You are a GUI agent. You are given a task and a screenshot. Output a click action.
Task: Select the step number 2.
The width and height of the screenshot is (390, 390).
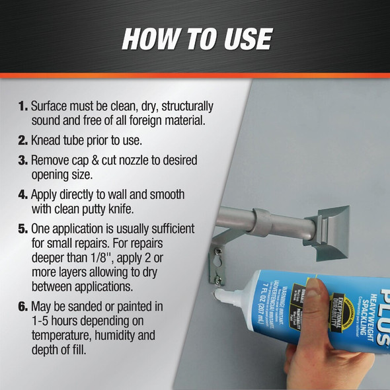pos(22,141)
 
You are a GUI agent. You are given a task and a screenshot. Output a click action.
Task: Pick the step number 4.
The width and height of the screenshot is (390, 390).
pos(22,196)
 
